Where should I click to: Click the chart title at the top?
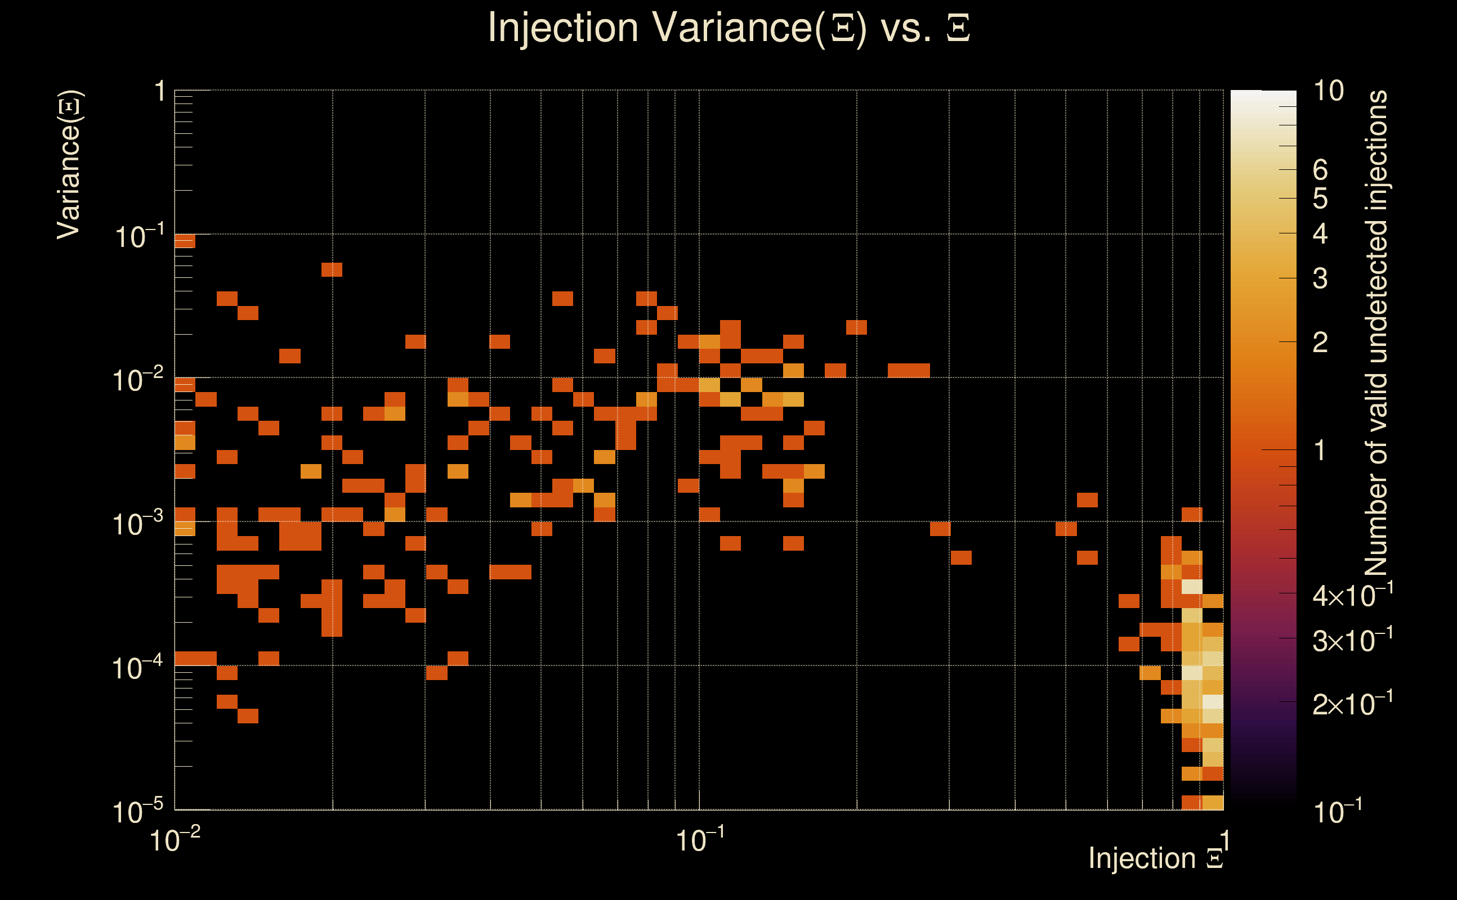click(x=728, y=28)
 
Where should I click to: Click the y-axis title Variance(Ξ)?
click(x=69, y=165)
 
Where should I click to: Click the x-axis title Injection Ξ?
click(x=1156, y=858)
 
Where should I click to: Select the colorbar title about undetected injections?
click(x=1376, y=334)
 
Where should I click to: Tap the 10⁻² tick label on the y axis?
click(x=137, y=380)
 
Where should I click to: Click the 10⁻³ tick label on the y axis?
click(x=137, y=524)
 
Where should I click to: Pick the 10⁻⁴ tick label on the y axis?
click(x=137, y=668)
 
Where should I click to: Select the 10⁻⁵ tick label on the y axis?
click(x=137, y=811)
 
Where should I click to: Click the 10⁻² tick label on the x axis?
click(x=175, y=840)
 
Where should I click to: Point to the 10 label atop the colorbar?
click(x=1328, y=91)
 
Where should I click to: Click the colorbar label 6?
click(x=1320, y=170)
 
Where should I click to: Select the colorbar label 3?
click(x=1320, y=278)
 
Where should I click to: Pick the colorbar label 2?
click(x=1320, y=342)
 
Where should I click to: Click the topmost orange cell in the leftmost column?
click(x=185, y=241)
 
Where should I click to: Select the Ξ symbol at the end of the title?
click(x=958, y=28)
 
